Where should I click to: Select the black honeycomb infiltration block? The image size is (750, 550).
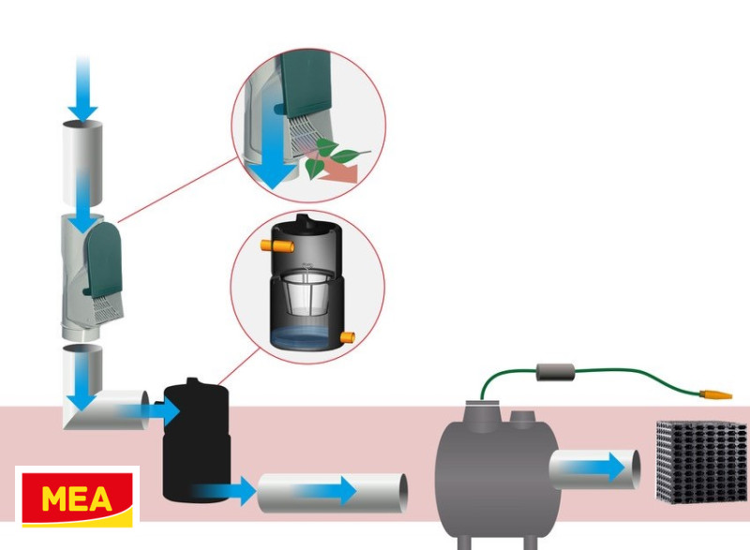700,462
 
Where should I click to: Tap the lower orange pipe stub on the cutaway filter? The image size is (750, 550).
348,336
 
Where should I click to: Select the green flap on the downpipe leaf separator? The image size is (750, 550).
103,253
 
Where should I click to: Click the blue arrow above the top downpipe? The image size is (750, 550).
82,89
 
